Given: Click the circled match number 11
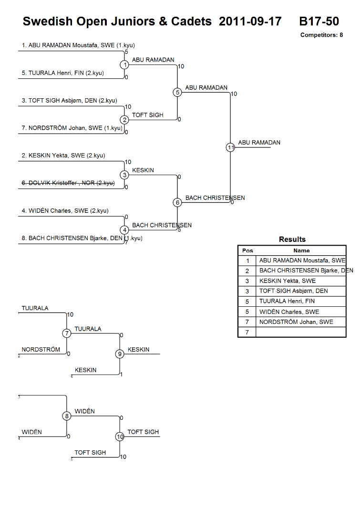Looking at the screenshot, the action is coord(230,147).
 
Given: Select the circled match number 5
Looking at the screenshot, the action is coord(177,93).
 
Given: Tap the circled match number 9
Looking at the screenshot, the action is coord(120,354).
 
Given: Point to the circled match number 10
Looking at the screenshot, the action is coord(120,437).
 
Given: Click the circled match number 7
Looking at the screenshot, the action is coord(67,333).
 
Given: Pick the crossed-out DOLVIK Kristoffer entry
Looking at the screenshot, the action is coord(68,183).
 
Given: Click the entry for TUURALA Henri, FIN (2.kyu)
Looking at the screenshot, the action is coord(63,73).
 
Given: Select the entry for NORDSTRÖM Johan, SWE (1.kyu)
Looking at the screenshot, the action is coord(72,128).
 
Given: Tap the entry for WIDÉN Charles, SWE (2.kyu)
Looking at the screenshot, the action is coord(65,210).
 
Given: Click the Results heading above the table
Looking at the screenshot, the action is coord(292,239).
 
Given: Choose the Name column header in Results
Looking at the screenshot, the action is coord(301,250).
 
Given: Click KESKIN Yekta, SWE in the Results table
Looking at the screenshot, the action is coord(288,281).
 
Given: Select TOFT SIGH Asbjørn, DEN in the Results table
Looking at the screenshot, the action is coord(293,291).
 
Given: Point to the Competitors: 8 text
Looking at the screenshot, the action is coord(322,35).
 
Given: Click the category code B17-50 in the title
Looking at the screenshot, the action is coord(319,21).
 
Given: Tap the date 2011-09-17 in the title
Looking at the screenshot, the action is coord(250,21).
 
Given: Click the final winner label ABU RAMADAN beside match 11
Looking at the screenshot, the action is coord(259,143).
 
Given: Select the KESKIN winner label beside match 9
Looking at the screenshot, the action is coord(139,349).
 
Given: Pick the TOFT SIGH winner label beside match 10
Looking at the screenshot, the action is coord(143,432).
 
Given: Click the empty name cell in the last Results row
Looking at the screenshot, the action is coord(301,332).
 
